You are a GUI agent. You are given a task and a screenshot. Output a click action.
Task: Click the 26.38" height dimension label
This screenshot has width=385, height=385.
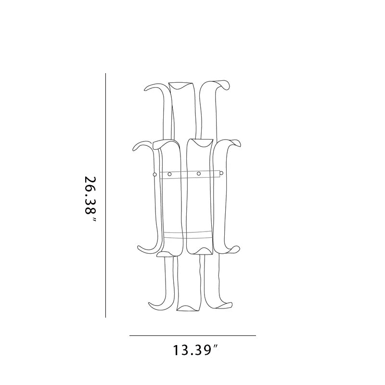point(90,199)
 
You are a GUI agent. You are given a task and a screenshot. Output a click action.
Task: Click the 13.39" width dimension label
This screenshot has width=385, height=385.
point(195,350)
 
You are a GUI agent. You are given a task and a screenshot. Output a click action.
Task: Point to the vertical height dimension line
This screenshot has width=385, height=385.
point(105,195)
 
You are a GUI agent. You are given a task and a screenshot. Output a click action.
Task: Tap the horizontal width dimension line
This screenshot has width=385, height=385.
point(193,335)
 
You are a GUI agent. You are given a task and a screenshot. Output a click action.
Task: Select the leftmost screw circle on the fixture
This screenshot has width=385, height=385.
point(154,175)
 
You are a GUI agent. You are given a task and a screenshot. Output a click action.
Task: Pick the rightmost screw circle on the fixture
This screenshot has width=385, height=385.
point(221,173)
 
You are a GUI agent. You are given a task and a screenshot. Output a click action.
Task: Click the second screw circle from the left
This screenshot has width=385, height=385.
point(169,174)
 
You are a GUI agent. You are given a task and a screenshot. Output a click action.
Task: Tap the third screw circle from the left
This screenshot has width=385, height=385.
point(199,174)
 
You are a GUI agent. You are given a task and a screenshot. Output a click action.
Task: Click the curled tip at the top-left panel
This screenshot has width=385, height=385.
point(147,89)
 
